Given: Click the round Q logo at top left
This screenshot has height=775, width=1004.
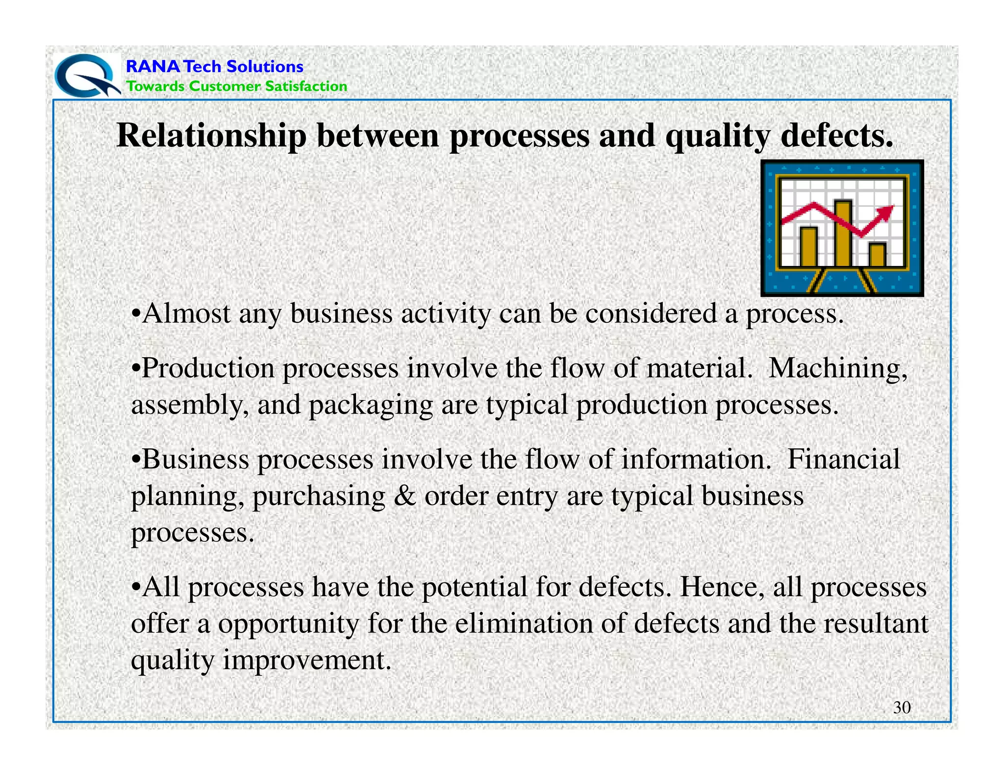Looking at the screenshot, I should [x=86, y=76].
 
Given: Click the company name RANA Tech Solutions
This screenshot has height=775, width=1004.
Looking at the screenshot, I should [x=214, y=66].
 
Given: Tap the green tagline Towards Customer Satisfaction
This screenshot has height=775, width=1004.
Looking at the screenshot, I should [x=236, y=86].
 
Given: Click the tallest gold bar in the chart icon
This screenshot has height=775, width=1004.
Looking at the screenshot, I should [x=843, y=233].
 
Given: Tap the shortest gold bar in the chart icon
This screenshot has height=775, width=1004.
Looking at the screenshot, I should [x=877, y=254].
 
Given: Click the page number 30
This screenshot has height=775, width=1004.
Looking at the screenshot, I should [x=902, y=707].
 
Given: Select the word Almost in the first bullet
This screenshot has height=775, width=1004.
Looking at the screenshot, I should [x=186, y=314].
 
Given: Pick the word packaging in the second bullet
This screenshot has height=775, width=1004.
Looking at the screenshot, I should [x=371, y=406].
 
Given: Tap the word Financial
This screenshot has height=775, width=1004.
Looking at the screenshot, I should [x=843, y=460].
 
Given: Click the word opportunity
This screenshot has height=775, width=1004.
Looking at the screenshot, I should [x=289, y=624].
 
